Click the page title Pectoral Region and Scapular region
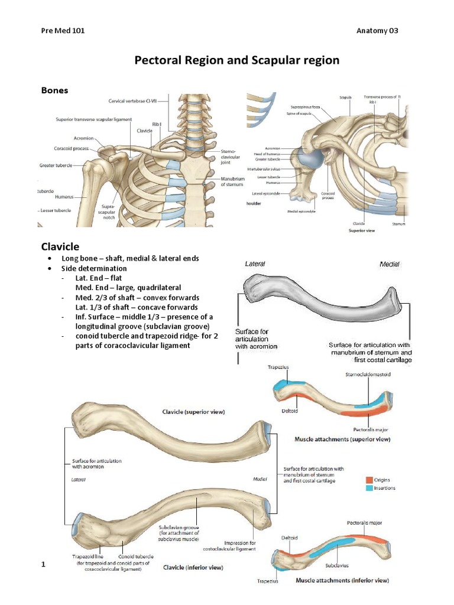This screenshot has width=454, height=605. [x=237, y=60]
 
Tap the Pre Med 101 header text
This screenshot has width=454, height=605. [x=63, y=31]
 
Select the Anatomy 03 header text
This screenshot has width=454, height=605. [x=378, y=31]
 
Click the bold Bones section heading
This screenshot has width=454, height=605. [x=54, y=90]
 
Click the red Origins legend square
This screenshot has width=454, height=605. [x=369, y=480]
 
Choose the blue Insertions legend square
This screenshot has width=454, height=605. [x=369, y=488]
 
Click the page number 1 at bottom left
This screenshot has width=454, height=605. [x=43, y=566]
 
